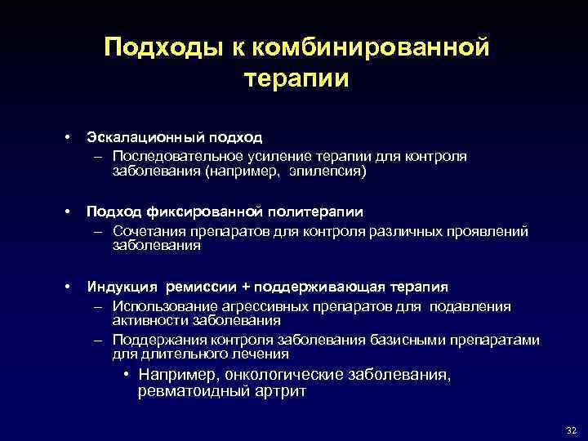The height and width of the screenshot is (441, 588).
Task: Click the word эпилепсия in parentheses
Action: pos(326,171)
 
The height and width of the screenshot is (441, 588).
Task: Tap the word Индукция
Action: pos(122,287)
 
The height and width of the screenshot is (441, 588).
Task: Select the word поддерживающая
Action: pos(314,287)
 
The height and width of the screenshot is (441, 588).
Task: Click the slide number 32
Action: pos(570,430)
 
